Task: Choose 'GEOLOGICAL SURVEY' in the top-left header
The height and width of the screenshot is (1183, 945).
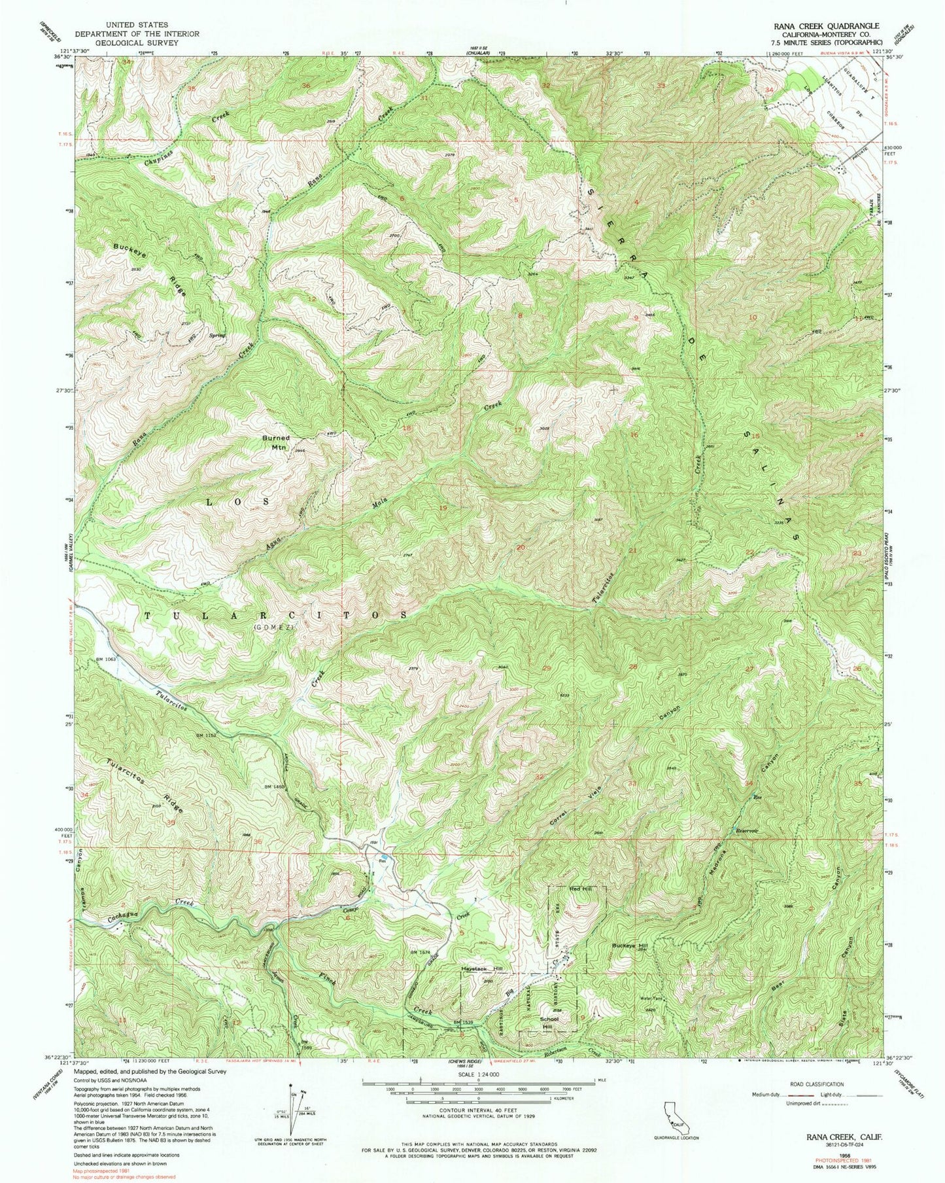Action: [121, 43]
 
